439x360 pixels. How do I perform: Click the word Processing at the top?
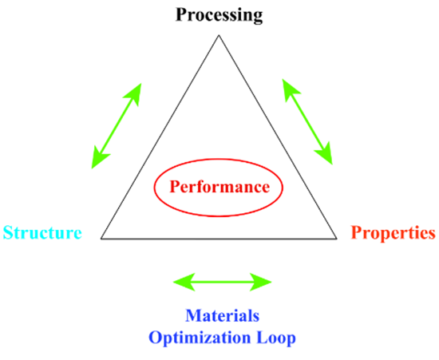coord(219,15)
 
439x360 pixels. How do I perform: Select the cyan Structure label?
coord(42,232)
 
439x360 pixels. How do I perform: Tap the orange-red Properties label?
coord(393,233)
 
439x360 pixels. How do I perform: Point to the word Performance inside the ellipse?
coord(219,187)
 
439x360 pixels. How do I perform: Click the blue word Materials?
coord(223,315)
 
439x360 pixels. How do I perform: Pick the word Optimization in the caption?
coord(200,338)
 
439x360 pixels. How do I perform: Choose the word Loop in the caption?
coord(276,338)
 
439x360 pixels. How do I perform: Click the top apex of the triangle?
coord(219,35)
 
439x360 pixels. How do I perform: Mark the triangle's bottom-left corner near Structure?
coord(101,239)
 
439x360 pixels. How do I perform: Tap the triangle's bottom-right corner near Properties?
coord(337,239)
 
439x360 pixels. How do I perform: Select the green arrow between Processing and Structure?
coord(117,125)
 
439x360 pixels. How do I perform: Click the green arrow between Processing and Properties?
coord(307,121)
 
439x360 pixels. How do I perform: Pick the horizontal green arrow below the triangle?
coord(223,283)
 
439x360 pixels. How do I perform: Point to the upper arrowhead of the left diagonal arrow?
coord(133,93)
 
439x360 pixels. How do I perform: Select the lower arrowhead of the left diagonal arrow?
coord(99,158)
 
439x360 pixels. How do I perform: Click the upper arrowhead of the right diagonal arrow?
coord(290,89)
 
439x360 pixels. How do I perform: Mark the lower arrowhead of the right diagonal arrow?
coord(325,154)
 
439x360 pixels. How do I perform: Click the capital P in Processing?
coord(181,15)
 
